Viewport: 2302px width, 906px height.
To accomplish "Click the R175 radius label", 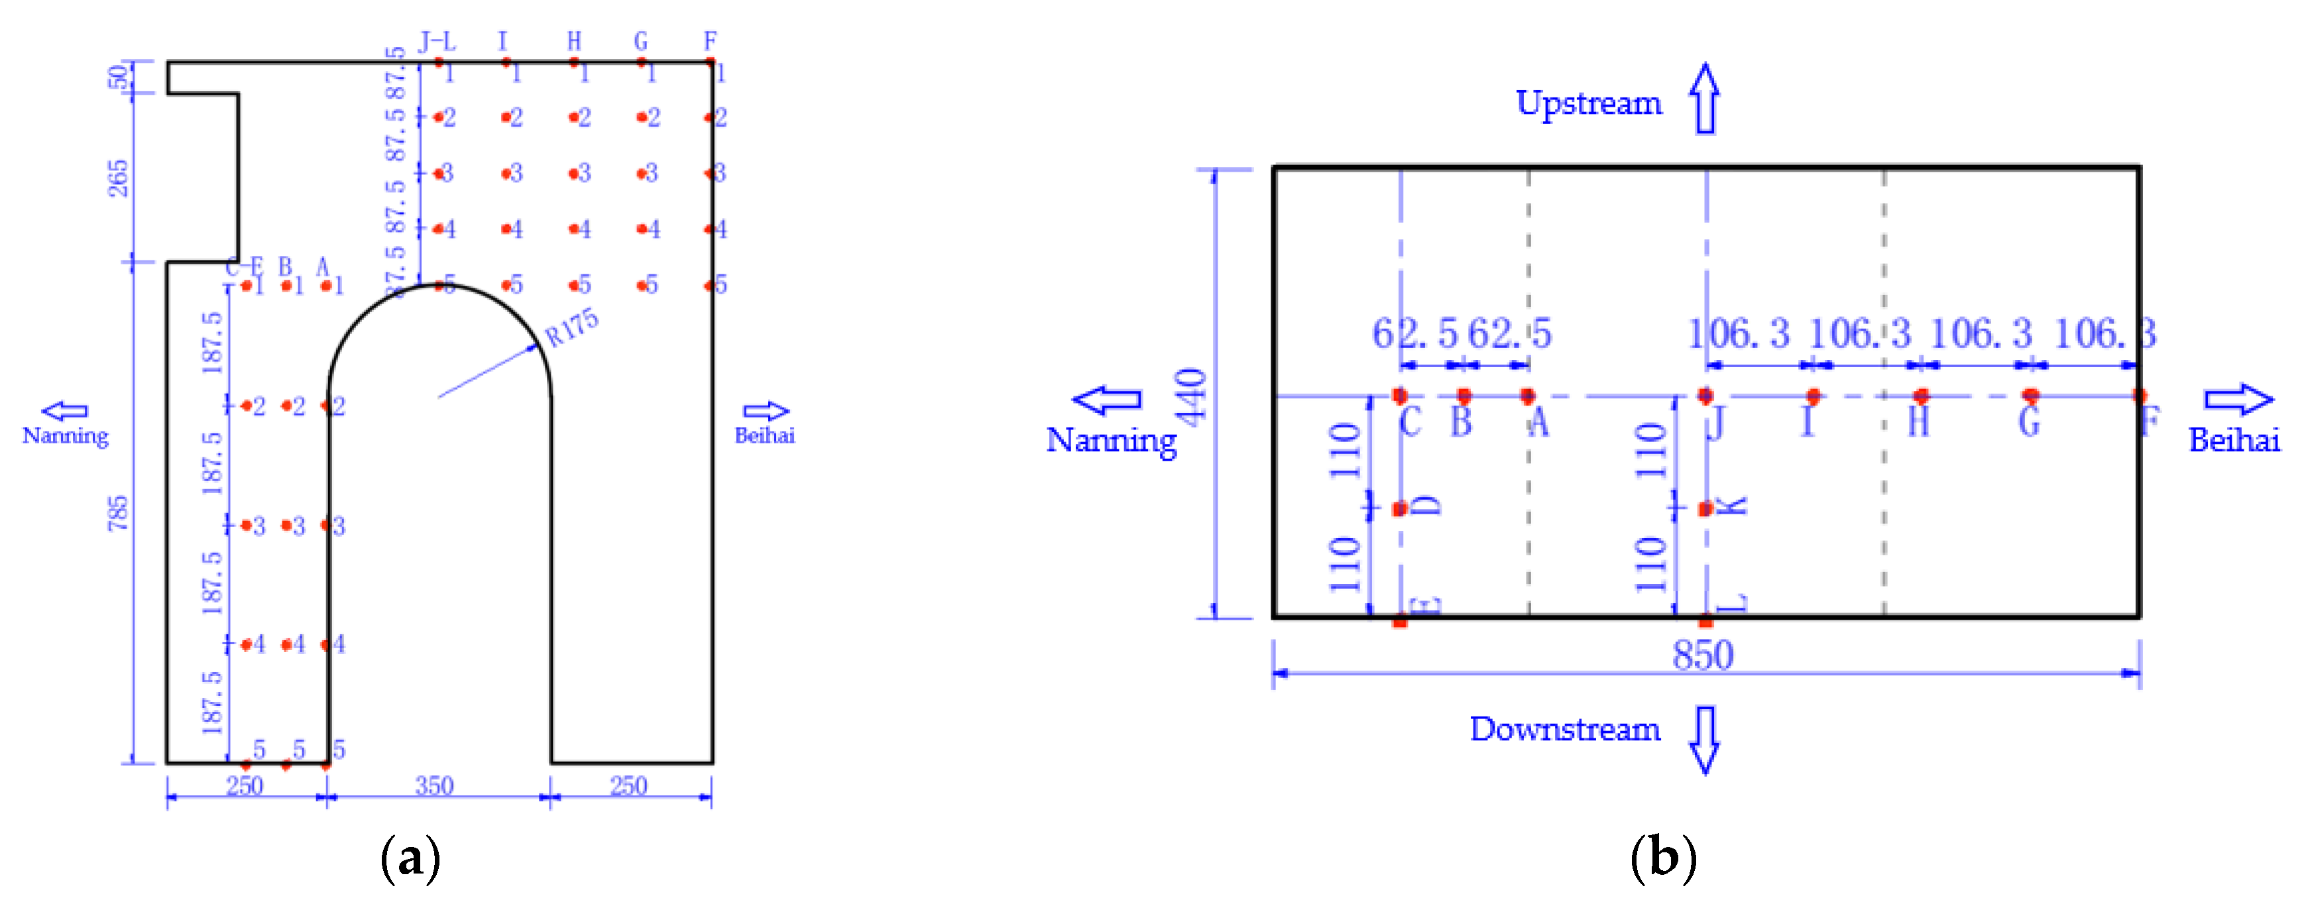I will click(572, 328).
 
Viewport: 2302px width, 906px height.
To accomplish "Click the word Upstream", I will click(1589, 103).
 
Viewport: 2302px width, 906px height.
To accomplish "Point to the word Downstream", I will click(1565, 730).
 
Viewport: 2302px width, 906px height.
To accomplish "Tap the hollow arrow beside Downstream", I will click(1705, 739).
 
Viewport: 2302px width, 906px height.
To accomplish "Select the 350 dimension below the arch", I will click(434, 785).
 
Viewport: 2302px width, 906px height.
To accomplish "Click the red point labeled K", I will click(1705, 508).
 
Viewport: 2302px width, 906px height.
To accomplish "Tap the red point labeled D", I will click(1401, 508).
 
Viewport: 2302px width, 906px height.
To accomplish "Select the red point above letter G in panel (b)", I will click(2030, 395).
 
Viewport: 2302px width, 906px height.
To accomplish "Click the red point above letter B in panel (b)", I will click(1464, 395).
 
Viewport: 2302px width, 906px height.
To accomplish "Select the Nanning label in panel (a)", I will click(65, 436).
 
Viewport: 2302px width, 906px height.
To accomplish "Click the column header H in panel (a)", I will click(574, 41).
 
